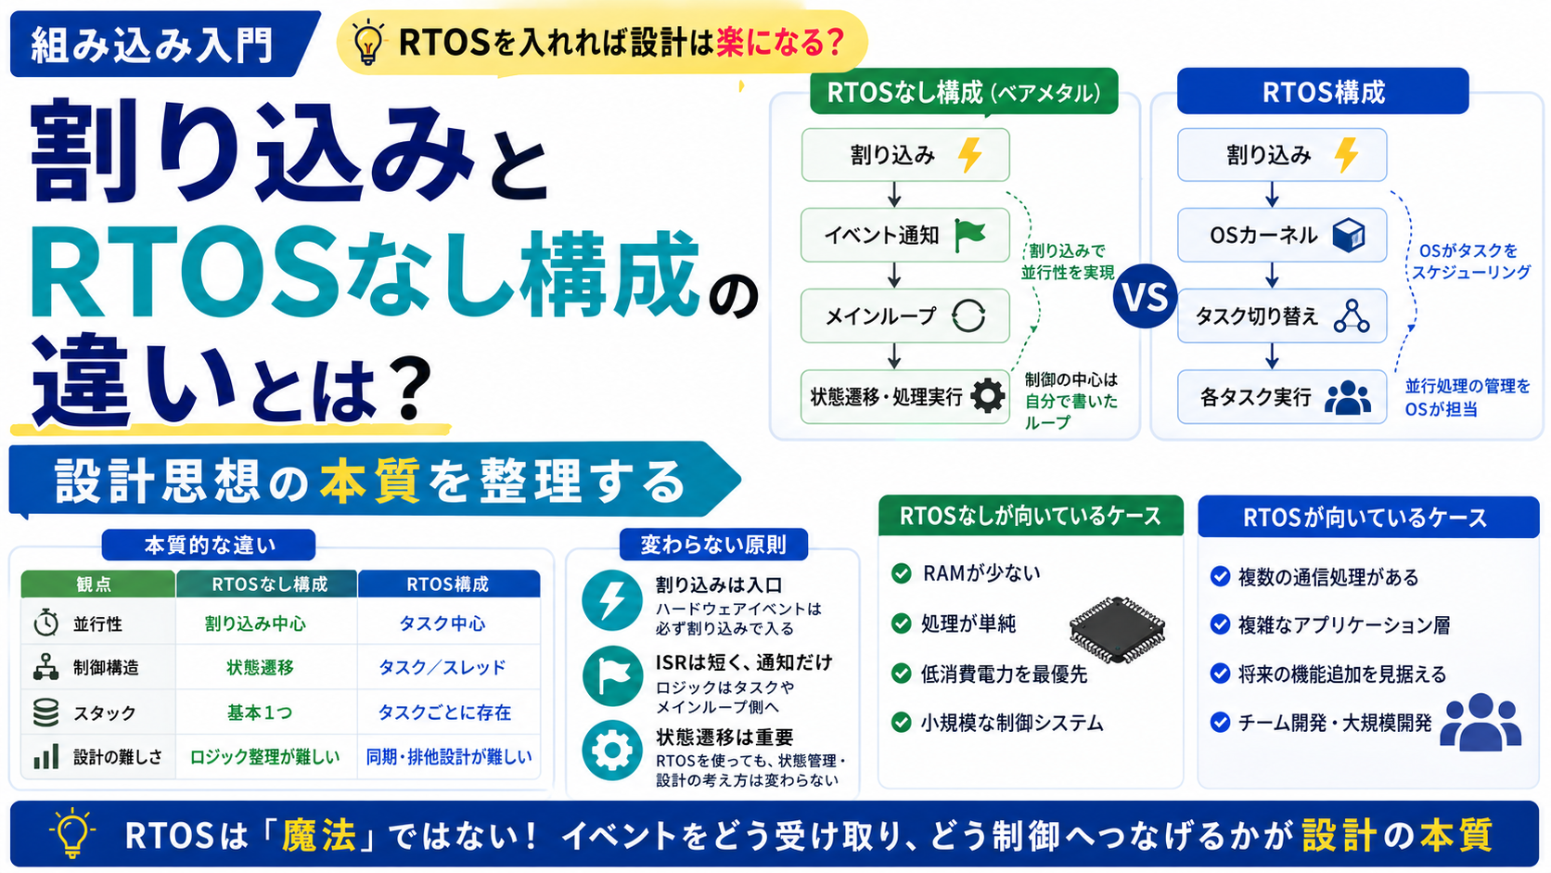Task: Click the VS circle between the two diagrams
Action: pyautogui.click(x=1144, y=297)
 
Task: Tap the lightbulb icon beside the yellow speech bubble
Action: pyautogui.click(x=367, y=43)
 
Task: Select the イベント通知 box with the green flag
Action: pyautogui.click(x=905, y=235)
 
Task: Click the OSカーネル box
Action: pyautogui.click(x=1282, y=235)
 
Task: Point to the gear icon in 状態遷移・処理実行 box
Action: pyautogui.click(x=987, y=396)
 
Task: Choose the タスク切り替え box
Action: pyautogui.click(x=1282, y=315)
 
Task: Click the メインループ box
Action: pyautogui.click(x=905, y=315)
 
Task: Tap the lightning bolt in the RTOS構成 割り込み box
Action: pyautogui.click(x=1346, y=154)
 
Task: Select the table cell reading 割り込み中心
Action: pyautogui.click(x=255, y=623)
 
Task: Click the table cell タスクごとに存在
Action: pyautogui.click(x=444, y=713)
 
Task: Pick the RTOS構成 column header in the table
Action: pyautogui.click(x=448, y=584)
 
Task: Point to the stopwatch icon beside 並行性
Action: pyautogui.click(x=45, y=623)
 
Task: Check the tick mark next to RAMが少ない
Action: pyautogui.click(x=901, y=573)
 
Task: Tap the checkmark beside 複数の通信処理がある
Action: pyautogui.click(x=1219, y=576)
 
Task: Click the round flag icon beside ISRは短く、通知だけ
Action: pyautogui.click(x=612, y=675)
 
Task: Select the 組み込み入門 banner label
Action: pyautogui.click(x=151, y=45)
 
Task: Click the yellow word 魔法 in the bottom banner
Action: pyautogui.click(x=318, y=835)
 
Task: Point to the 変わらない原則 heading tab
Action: pyautogui.click(x=713, y=545)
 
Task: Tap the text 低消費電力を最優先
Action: pyautogui.click(x=1004, y=674)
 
